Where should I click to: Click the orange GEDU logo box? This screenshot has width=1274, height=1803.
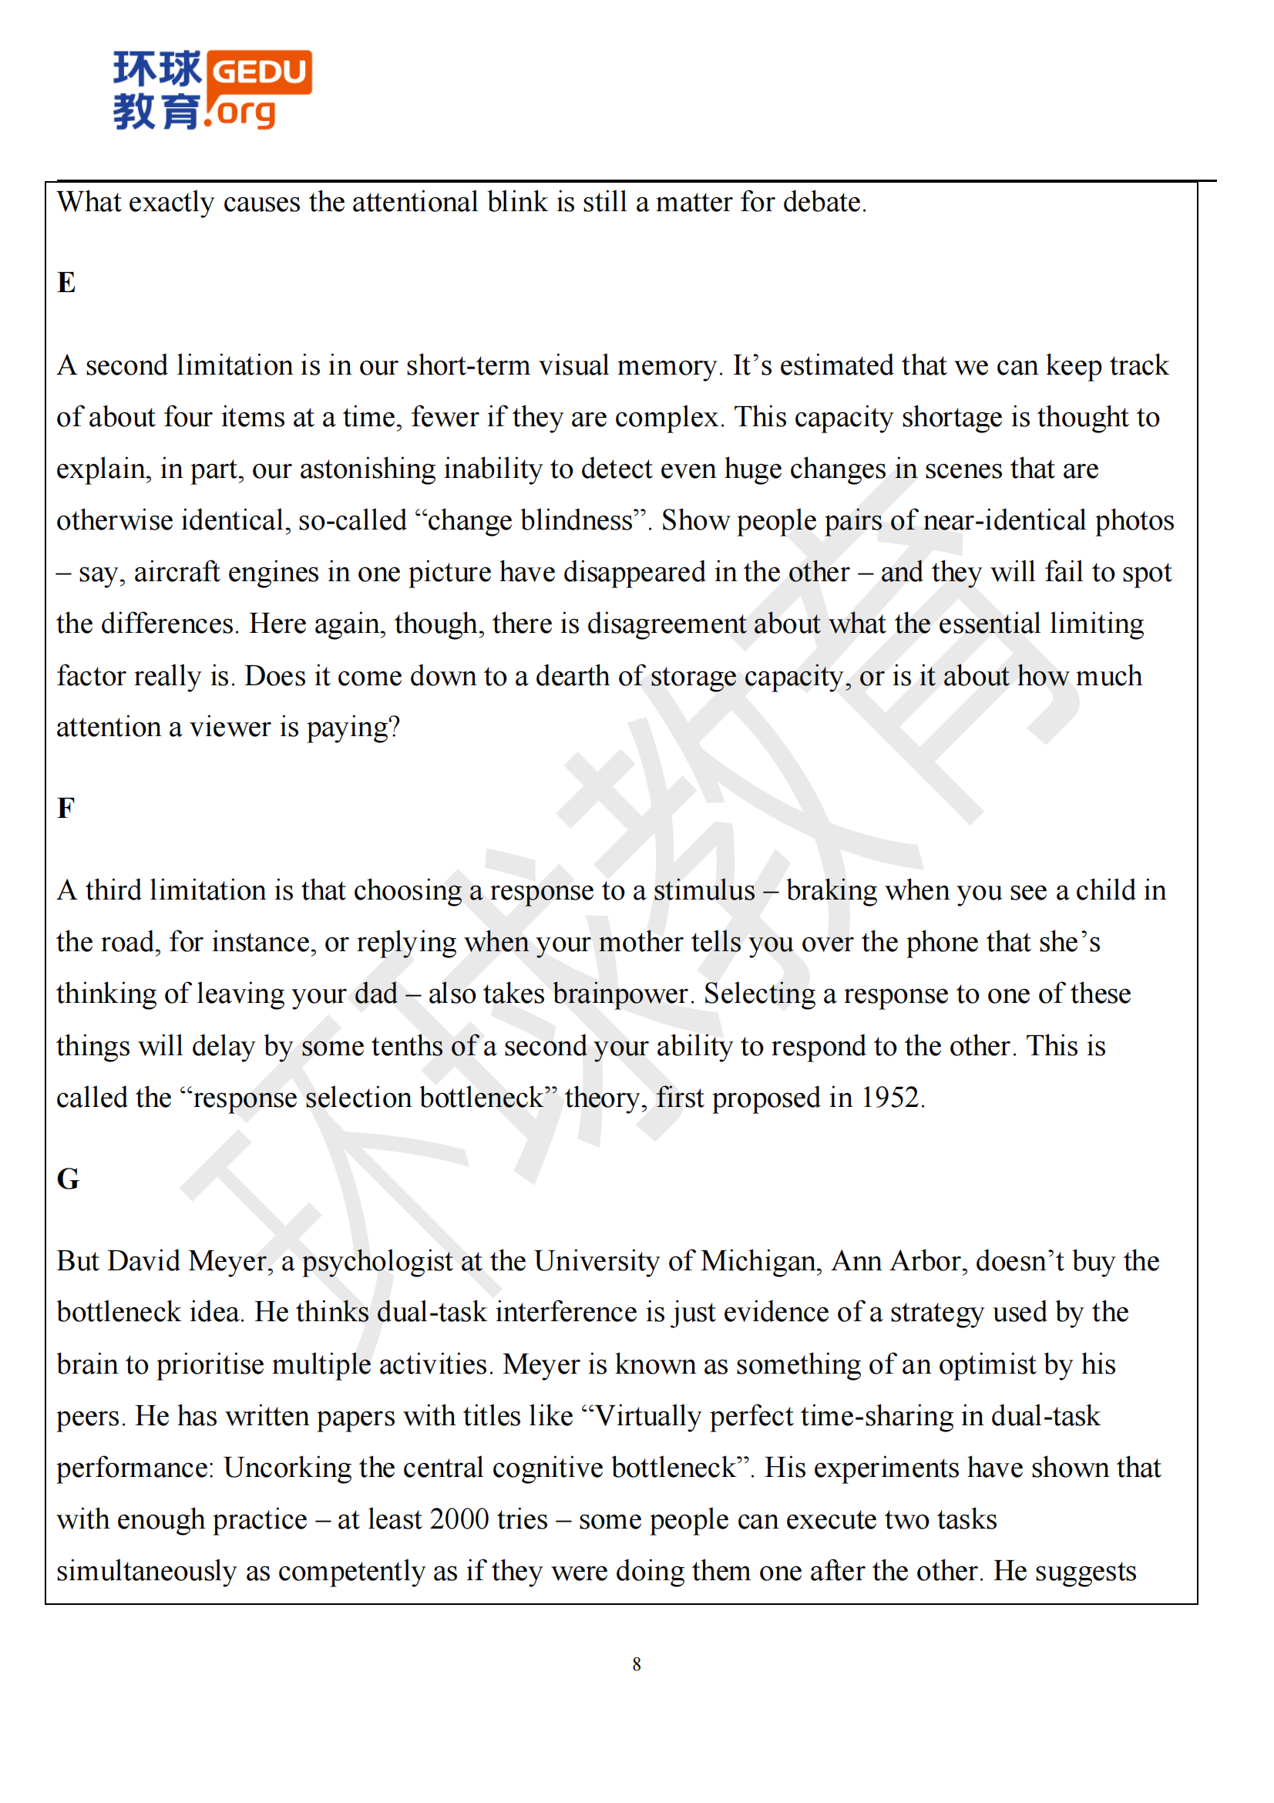coord(260,72)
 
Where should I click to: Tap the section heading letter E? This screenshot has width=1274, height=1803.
coord(67,283)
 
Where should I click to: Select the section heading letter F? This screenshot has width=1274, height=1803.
coord(66,808)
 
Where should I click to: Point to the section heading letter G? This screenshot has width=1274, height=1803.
coord(69,1179)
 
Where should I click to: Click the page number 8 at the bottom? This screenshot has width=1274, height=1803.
coord(637,1664)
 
